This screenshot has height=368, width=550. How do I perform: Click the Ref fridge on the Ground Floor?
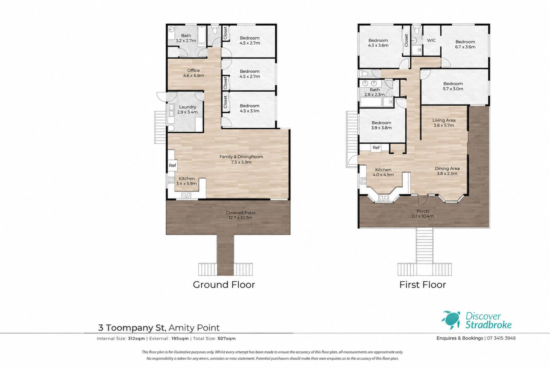coord(172,165)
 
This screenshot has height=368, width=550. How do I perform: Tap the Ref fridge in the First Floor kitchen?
coord(376,147)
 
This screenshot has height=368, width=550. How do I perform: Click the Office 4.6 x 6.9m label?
coord(193,73)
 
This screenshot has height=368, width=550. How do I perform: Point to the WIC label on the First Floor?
coord(431,40)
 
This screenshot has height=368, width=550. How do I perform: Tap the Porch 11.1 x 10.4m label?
coord(423,213)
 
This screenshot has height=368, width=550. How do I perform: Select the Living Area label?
coord(444,123)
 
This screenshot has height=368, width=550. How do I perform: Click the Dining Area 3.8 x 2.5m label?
coord(447,171)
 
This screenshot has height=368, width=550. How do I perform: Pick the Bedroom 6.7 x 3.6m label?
coord(465,44)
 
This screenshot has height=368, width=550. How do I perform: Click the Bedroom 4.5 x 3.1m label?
coord(250,108)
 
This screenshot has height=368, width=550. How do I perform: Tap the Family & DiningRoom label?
coord(241,159)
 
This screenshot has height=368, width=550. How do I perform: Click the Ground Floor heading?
coord(224,285)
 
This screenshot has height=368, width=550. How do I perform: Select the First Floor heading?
coord(423,285)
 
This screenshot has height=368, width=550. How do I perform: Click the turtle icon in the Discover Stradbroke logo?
coord(451,320)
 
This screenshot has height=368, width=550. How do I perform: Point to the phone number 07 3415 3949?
coord(501,338)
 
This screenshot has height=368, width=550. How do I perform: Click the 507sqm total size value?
coord(226,338)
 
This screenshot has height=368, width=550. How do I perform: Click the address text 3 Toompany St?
coord(132,328)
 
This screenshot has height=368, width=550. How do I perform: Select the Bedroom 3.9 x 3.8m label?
coord(381,125)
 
